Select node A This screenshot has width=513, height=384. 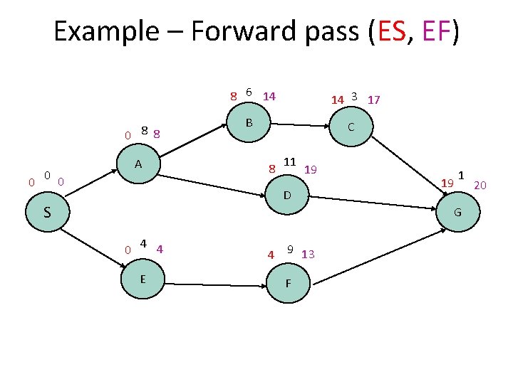pos(139,165)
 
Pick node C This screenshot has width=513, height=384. pos(351,129)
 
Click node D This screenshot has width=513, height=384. pos(286,194)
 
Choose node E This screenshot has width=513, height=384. pos(143,278)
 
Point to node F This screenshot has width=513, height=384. pos(288,282)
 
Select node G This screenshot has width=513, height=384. pos(457,213)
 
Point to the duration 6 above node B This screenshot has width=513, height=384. pos(248,92)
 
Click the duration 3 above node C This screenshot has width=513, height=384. pos(354,96)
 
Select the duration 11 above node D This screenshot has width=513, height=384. pos(290,161)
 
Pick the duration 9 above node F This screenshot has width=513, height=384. pos(291,249)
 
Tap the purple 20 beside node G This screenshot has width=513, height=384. pos(480,186)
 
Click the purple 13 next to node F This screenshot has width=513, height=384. pos(309,255)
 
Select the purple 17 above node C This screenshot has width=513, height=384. pos(373,100)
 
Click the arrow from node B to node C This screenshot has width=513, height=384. pos(304,126)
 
